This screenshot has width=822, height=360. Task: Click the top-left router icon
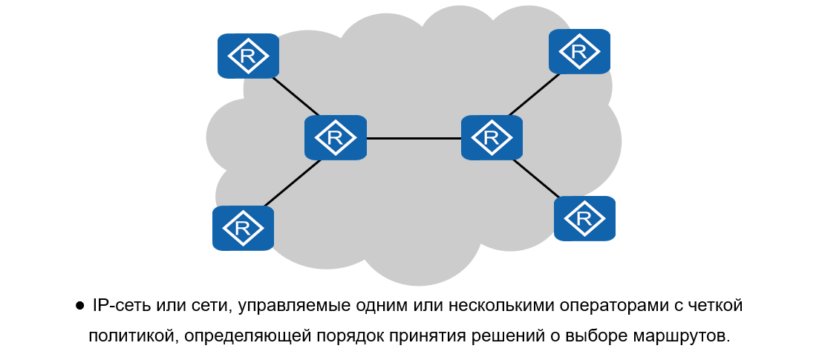pos(248,56)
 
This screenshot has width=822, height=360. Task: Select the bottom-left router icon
pos(243,228)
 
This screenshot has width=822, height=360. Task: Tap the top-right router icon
pos(579,51)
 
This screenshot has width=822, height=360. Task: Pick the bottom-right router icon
pos(584,218)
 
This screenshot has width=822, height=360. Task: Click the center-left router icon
pos(336,137)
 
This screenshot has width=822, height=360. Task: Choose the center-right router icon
pos(491,137)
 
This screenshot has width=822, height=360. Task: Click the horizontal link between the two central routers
pos(413,138)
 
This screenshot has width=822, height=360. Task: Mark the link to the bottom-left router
pos(291,183)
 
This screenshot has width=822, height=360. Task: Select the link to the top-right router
pos(532,96)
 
